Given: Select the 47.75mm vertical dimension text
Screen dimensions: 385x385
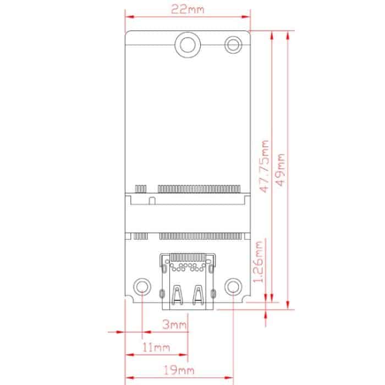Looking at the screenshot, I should point(265,166).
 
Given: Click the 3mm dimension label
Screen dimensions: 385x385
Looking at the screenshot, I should point(175,324).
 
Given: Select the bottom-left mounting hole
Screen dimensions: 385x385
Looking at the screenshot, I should point(142,287).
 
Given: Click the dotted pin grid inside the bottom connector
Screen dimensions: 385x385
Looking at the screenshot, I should point(188,267).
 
